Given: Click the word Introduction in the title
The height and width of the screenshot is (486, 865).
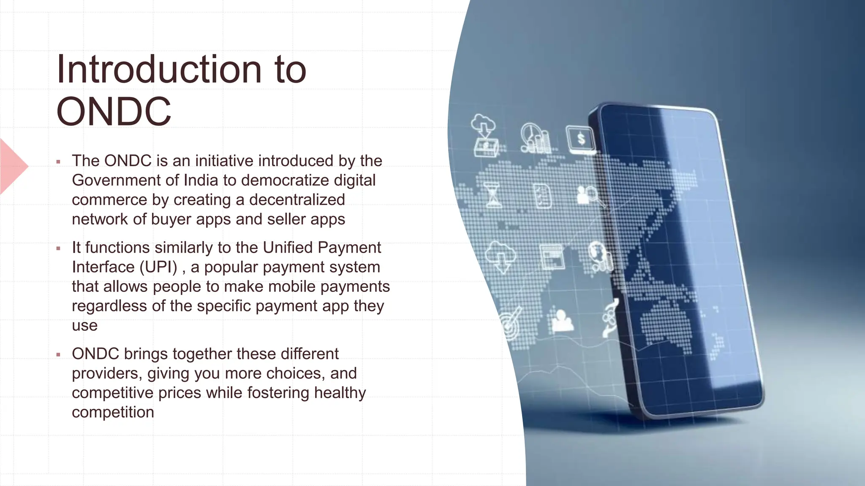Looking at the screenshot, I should tap(159, 70).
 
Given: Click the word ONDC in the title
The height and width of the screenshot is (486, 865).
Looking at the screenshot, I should tap(114, 112).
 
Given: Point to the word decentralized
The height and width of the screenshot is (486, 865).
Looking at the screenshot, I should tap(297, 200).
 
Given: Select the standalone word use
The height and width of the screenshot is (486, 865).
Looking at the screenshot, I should tap(84, 325).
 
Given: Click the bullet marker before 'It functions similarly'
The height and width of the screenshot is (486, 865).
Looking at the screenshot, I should tap(58, 248).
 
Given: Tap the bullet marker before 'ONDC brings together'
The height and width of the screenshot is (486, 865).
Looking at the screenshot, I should tap(58, 355).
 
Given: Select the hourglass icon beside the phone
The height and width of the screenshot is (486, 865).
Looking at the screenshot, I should tap(492, 194).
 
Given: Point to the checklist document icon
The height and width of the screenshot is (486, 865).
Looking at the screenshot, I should tap(542, 195).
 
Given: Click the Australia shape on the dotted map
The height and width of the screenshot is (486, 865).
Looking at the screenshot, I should tap(667, 325).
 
